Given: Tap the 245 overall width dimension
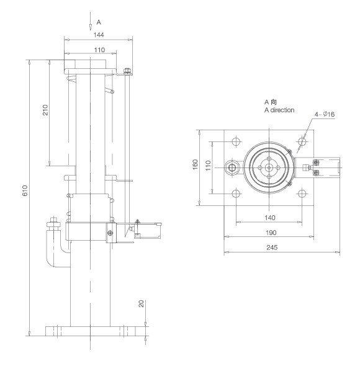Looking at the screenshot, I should point(281,248).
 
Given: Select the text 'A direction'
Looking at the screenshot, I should point(279,110).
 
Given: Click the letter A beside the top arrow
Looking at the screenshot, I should point(99,22).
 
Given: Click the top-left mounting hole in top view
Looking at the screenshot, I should point(235,141).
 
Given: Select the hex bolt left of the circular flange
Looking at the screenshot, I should point(233,167).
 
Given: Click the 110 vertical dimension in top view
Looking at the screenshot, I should point(208,166).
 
